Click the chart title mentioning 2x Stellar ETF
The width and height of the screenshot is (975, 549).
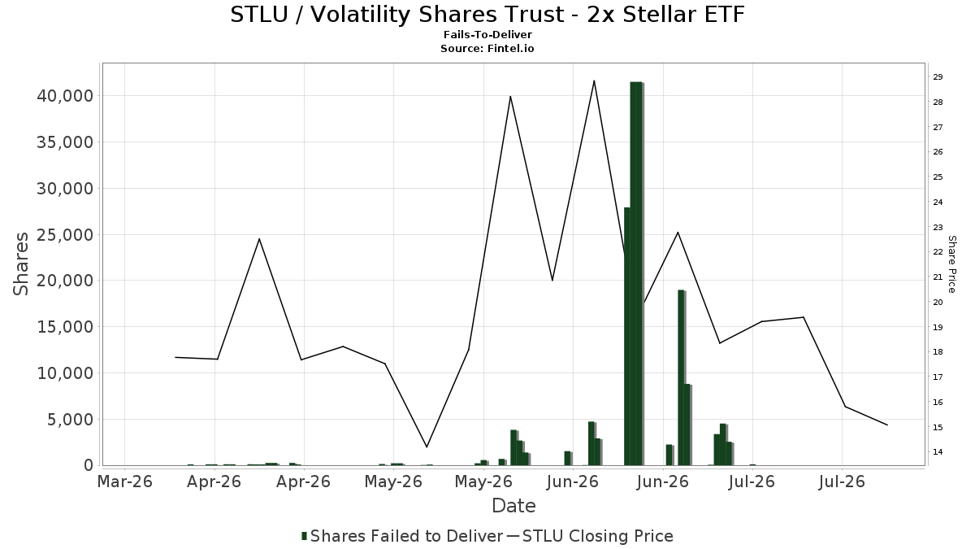point(487,15)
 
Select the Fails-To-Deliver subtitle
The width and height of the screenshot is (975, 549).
point(487,34)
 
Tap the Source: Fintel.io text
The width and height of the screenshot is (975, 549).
point(487,48)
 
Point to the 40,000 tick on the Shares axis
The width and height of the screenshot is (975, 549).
point(65,96)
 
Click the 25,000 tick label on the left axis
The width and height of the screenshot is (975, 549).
point(65,235)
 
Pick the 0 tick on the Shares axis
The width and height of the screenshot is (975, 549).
point(89,465)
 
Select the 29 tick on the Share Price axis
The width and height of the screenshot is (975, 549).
point(938,76)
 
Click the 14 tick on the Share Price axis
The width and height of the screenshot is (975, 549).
point(938,452)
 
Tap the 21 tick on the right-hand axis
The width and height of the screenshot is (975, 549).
point(938,277)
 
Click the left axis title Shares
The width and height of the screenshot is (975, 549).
point(20,264)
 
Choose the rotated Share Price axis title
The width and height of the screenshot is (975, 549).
point(952,264)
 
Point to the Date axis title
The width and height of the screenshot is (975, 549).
point(513,506)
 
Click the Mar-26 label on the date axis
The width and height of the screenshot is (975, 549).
point(125,481)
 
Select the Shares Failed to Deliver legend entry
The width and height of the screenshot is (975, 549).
point(403,536)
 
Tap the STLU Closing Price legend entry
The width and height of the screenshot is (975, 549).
point(590,536)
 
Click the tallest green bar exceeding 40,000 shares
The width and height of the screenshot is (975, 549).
point(636,273)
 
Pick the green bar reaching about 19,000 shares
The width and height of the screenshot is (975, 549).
point(681,377)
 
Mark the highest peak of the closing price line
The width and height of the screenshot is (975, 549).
point(594,81)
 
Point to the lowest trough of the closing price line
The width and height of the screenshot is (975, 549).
point(427,447)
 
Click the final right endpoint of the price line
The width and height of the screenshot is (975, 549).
point(887,425)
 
